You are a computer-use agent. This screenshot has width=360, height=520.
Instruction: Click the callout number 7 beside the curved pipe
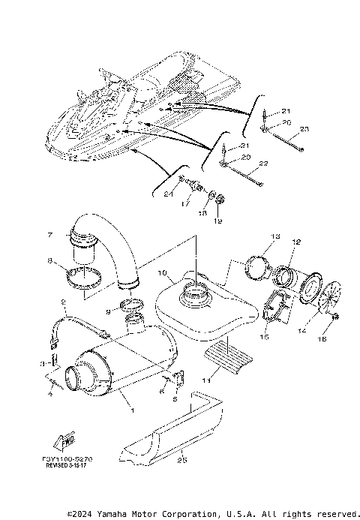click(50, 235)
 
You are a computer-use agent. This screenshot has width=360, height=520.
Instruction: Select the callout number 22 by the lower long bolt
click(263, 163)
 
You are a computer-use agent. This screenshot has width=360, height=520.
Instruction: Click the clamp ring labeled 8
click(86, 279)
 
